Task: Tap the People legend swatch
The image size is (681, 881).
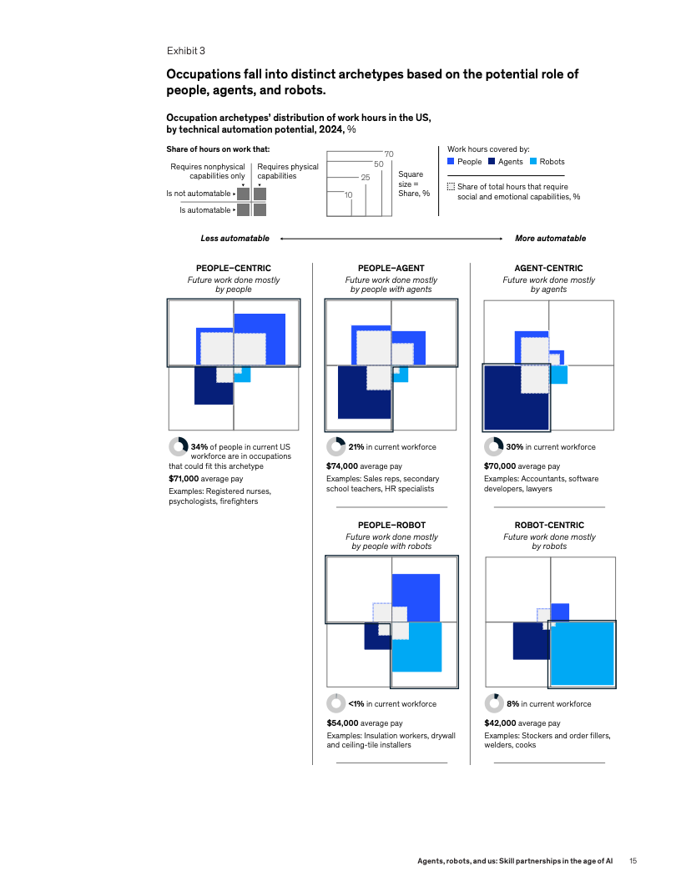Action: [x=451, y=161]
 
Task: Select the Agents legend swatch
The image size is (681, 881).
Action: [x=492, y=161]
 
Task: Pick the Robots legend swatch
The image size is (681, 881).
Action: [x=533, y=161]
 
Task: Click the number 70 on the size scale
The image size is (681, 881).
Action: [x=388, y=154]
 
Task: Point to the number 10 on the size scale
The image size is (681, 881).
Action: [x=348, y=194]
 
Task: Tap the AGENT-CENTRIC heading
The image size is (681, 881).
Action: [x=548, y=268]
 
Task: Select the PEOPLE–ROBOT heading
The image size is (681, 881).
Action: [x=391, y=526]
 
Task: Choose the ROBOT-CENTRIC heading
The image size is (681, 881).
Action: [x=548, y=526]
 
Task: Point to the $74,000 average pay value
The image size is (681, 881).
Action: [x=342, y=466]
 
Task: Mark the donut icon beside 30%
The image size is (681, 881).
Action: [x=493, y=446]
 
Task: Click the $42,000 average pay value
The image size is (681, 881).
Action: [x=500, y=723]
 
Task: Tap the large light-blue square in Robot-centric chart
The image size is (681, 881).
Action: [x=583, y=653]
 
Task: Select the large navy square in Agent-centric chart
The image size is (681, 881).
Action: [x=516, y=397]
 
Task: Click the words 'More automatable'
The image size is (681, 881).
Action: [x=550, y=239]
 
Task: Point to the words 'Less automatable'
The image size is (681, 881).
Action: [x=235, y=239]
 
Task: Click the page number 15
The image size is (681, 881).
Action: [x=633, y=860]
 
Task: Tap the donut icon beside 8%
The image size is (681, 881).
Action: [x=493, y=703]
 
